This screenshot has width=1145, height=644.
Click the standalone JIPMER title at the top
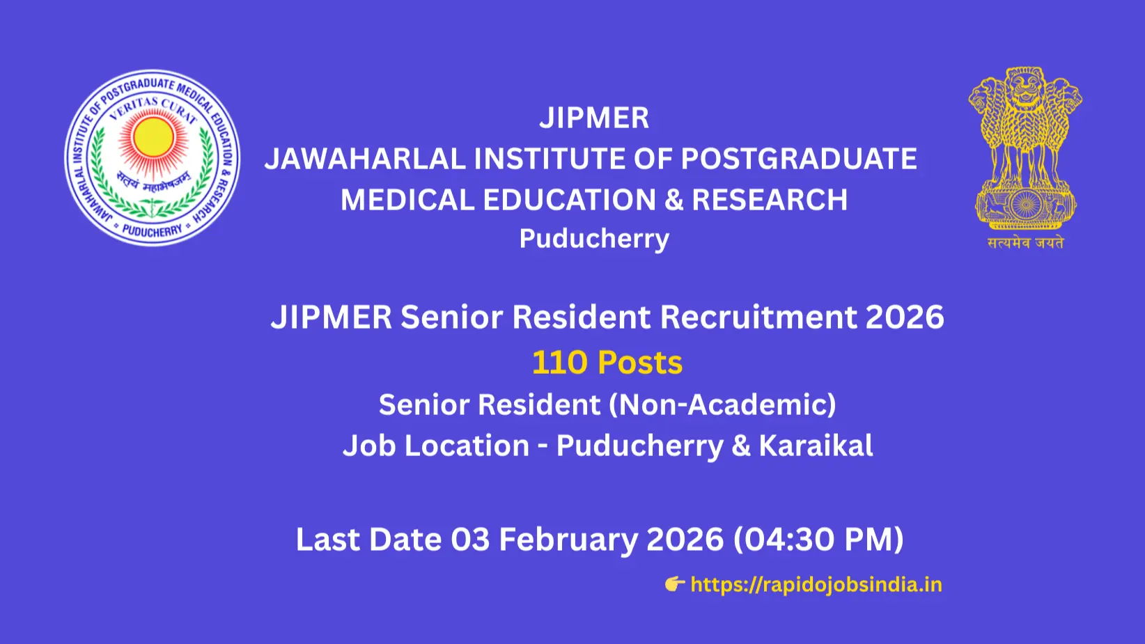593,118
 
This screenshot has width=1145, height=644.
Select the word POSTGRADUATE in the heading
798,159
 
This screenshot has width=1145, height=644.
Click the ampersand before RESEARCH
673,201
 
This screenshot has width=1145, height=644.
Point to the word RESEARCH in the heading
770,201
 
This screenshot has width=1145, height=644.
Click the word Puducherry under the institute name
593,239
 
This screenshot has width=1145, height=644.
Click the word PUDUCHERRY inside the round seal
152,230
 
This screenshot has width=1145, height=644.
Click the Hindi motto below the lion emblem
1025,243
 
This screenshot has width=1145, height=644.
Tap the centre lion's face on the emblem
1025,87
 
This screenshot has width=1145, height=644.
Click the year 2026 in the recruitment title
905,317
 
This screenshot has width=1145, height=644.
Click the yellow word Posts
639,363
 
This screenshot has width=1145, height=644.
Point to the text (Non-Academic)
722,405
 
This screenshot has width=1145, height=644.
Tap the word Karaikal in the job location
816,446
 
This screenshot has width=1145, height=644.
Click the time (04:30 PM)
818,540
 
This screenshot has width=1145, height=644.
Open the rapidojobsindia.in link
816,584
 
